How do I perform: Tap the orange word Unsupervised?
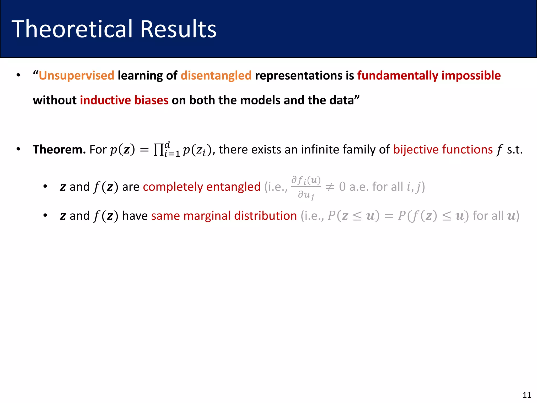pos(76,76)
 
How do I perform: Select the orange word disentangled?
pos(216,76)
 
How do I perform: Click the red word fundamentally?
pos(398,76)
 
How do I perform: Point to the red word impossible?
pos(471,76)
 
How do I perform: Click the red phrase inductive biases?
pos(124,100)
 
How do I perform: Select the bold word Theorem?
pos(59,150)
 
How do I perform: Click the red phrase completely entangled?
pos(202,187)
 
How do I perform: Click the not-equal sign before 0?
pos(330,187)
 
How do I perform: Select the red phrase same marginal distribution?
pos(224,216)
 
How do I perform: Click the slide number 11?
pos(527,395)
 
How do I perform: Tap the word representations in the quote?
pos(298,76)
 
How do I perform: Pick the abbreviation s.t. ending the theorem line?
pos(514,150)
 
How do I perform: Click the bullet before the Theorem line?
pos(18,149)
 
